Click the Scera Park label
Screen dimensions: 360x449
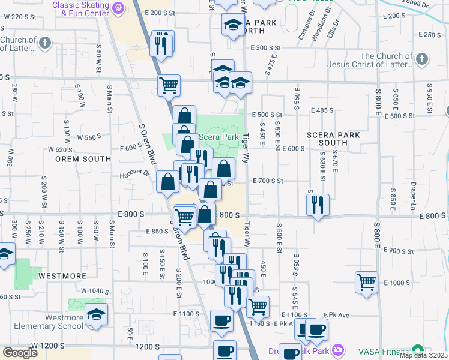tap(218, 137)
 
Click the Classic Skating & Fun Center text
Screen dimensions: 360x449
tap(81, 8)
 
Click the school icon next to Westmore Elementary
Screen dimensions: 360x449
tap(95, 316)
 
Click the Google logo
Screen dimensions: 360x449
tap(20, 353)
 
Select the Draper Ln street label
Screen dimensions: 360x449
tap(414, 192)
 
